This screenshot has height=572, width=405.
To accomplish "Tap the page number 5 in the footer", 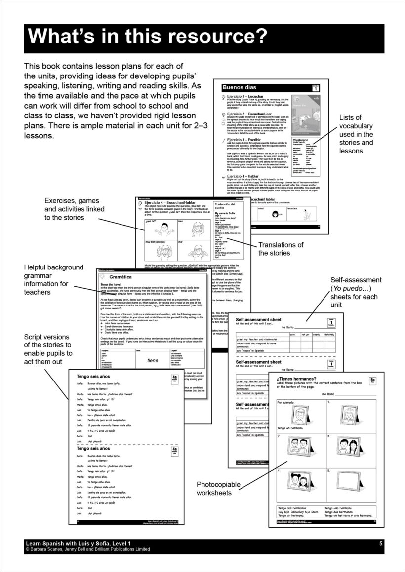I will tap(381, 543).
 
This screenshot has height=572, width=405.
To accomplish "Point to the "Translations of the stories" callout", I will tap(281, 249).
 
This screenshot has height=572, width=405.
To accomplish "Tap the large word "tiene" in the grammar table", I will tap(153, 360).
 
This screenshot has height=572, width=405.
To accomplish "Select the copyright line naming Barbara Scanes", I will tap(87, 549).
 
